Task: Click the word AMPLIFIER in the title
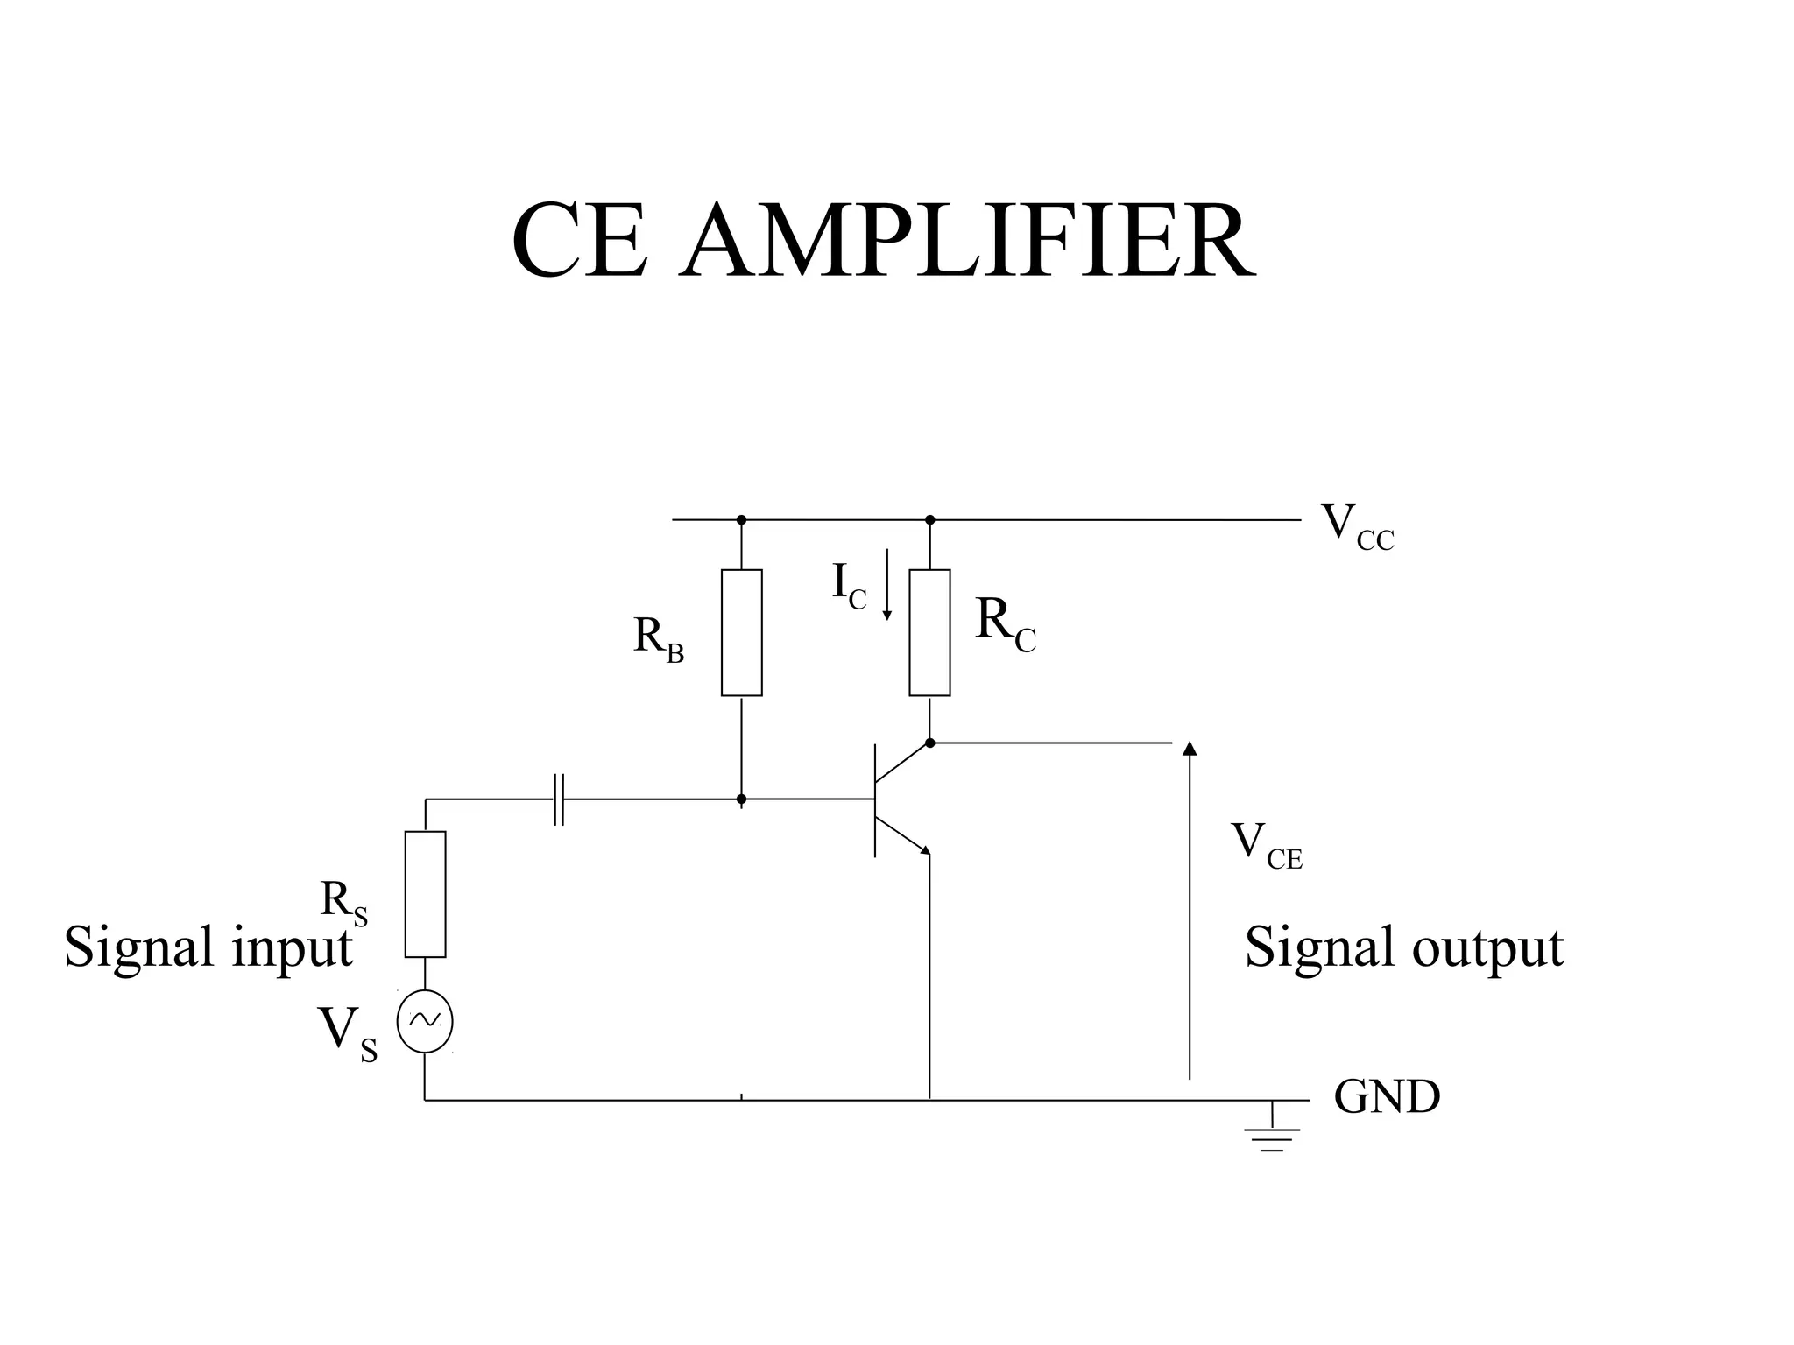[x=967, y=242]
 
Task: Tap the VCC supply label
[x=1357, y=527]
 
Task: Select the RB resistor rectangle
[x=741, y=633]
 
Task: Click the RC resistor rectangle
[x=929, y=633]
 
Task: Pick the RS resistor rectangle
[x=425, y=894]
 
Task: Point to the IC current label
[x=848, y=585]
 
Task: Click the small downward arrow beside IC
[x=886, y=585]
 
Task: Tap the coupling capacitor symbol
[x=559, y=799]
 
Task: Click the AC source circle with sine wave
[x=425, y=1021]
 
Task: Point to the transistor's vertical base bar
[x=875, y=799]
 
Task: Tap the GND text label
[x=1387, y=1096]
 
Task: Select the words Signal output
[x=1403, y=948]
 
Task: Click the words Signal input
[x=208, y=948]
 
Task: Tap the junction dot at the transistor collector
[x=929, y=743]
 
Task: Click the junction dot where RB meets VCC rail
[x=741, y=519]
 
